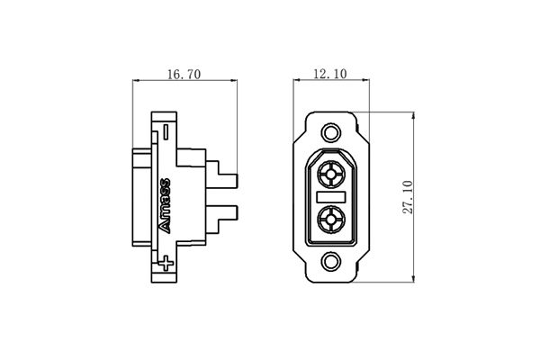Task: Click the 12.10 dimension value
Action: coord(330,76)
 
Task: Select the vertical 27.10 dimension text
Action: coord(424,195)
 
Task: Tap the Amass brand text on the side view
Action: coord(166,205)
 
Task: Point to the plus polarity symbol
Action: coord(166,264)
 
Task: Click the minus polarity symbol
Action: coord(166,131)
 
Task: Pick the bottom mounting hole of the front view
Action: coord(331,262)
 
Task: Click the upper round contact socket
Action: coord(331,173)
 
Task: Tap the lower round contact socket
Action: coord(331,219)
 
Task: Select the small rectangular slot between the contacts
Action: coord(331,195)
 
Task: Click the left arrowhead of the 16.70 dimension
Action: coord(136,84)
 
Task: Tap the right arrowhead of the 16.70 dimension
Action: coord(242,84)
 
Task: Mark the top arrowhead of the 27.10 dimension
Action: coord(412,115)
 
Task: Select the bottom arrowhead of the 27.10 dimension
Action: coord(412,276)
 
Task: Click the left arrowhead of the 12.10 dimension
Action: coord(296,84)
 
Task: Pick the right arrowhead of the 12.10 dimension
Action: coord(366,84)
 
